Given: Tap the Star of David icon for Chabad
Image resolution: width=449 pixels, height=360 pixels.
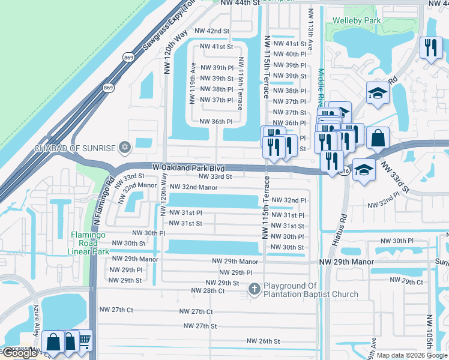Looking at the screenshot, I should [125, 147].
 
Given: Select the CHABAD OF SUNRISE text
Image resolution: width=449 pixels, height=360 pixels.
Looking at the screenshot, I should [74, 148].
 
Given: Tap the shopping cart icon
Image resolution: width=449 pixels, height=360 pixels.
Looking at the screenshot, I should [85, 340].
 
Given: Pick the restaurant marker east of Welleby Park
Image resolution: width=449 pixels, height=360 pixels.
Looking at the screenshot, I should [430, 48].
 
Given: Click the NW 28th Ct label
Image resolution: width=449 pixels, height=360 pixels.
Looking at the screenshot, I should [208, 291].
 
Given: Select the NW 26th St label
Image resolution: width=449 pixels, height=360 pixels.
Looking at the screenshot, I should [263, 341].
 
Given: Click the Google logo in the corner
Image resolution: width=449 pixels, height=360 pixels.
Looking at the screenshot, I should [19, 353].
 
